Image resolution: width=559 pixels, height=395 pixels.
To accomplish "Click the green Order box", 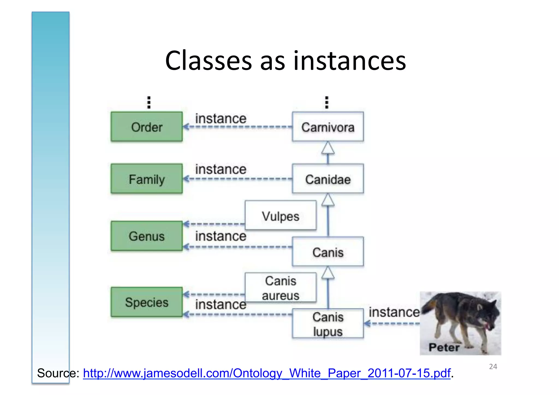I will (147, 127).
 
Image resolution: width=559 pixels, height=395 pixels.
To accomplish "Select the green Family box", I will (147, 179).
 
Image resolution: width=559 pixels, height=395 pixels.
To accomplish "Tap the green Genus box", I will (147, 236).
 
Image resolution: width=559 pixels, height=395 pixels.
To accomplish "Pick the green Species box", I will (147, 302).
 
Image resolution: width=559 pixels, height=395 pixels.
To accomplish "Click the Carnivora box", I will (328, 127).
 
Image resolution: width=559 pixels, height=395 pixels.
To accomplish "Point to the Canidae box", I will (328, 179).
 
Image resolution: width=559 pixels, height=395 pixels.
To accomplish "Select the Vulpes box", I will (281, 216).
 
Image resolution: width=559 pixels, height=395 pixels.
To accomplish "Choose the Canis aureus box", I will (281, 288).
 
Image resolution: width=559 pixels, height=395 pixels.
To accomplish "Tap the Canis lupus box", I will (328, 324).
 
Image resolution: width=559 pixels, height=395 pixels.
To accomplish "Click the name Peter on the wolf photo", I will (444, 347).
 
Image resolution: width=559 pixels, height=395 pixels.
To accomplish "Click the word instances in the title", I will (349, 61).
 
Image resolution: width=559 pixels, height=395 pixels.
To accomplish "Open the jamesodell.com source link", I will (266, 373).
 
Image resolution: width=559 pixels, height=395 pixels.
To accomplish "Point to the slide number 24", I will (493, 367).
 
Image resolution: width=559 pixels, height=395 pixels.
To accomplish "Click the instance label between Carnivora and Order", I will (221, 118).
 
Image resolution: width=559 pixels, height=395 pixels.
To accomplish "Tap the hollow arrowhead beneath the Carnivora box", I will (328, 148).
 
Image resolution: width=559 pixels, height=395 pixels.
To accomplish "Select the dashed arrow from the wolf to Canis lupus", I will (392, 324).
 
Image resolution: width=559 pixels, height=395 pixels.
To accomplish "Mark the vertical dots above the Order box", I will (149, 102).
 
